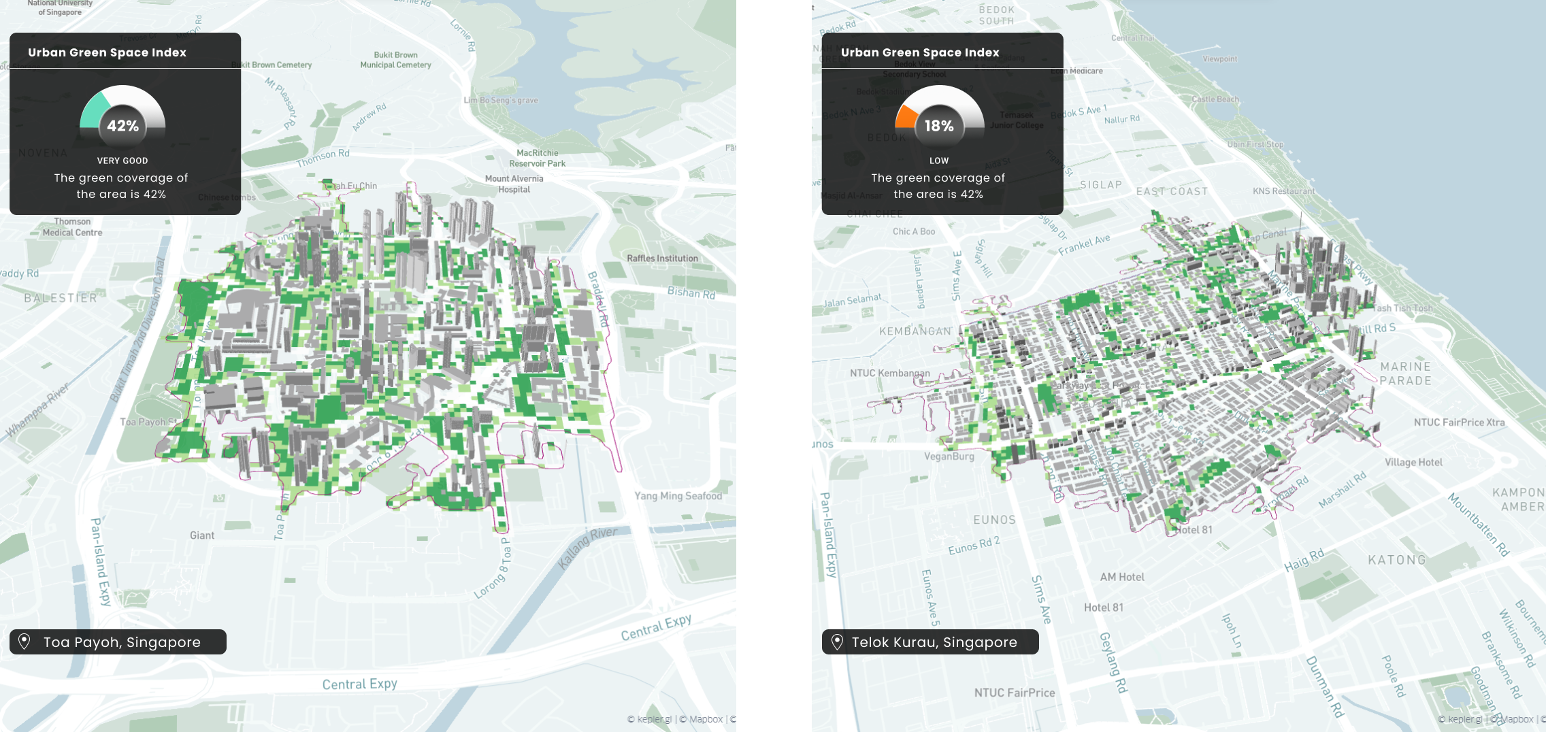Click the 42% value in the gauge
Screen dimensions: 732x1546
[123, 126]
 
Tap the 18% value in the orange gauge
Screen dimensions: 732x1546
[939, 126]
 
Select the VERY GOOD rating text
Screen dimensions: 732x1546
[122, 161]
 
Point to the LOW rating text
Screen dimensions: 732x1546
[939, 161]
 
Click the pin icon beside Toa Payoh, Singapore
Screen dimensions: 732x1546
[24, 642]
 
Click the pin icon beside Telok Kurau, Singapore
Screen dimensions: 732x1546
[837, 642]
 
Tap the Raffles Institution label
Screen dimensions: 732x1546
[662, 259]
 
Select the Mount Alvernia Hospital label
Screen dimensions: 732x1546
[514, 184]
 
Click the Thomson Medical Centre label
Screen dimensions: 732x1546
[72, 227]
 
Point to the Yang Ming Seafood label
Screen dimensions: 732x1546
[678, 496]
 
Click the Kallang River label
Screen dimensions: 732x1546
[587, 547]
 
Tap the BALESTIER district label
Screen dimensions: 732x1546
[61, 298]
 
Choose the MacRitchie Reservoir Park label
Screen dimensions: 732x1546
[538, 158]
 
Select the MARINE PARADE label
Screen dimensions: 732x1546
[1406, 373]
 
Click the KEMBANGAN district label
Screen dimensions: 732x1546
[915, 331]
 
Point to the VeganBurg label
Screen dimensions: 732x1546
[949, 456]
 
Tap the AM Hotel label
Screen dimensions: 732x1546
[1122, 577]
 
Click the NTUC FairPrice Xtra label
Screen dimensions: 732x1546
[1459, 422]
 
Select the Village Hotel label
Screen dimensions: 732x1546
[1413, 463]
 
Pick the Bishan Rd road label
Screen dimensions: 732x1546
[691, 293]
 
